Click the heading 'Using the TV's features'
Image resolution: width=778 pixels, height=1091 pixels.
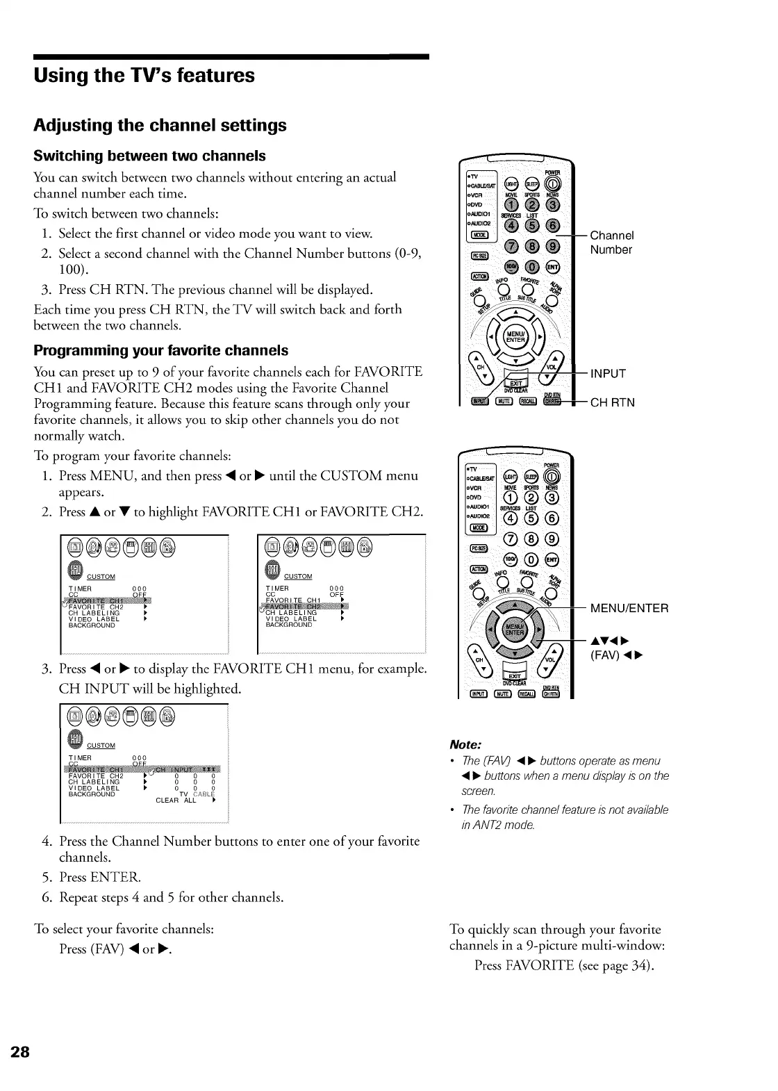[144, 75]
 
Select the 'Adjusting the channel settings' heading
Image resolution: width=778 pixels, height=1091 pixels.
[160, 126]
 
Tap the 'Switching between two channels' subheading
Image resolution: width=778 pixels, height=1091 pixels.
[149, 155]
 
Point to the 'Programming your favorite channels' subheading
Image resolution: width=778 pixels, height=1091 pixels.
[160, 350]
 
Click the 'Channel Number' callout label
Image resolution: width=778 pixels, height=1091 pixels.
[611, 243]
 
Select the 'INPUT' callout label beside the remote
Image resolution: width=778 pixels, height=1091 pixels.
[608, 374]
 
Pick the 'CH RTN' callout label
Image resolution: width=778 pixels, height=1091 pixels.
[612, 402]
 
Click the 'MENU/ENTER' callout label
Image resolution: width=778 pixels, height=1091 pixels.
[629, 609]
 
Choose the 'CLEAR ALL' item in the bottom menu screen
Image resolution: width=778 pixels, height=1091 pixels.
[176, 800]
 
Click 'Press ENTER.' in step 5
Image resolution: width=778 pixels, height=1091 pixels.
[100, 877]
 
